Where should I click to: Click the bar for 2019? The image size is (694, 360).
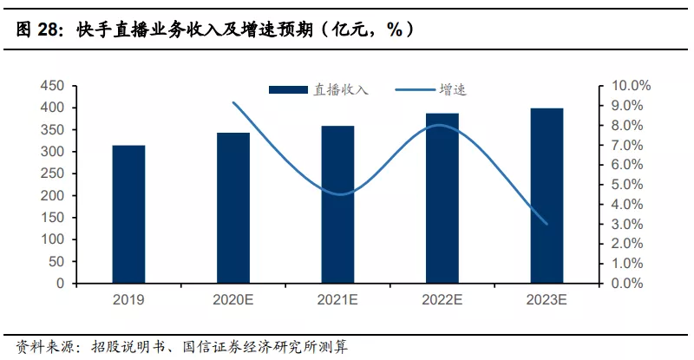128,214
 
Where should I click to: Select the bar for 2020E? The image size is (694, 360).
233,208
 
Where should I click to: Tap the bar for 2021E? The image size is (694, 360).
337,205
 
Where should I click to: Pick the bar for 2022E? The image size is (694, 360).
442,199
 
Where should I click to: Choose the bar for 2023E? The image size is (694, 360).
547,196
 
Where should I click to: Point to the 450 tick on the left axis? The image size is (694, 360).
53,86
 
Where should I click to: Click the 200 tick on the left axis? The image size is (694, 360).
53,195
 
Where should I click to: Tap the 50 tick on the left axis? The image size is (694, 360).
56,261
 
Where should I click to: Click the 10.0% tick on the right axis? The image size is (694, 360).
631,86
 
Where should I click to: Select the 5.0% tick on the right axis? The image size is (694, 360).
627,185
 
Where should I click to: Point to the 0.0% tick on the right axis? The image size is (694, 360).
627,283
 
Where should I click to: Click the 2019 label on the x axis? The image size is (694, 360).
128,300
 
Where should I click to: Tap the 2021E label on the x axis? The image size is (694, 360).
337,300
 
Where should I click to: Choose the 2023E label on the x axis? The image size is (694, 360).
547,300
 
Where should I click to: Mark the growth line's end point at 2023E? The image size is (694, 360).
547,224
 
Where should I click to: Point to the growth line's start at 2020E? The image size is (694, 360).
233,102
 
